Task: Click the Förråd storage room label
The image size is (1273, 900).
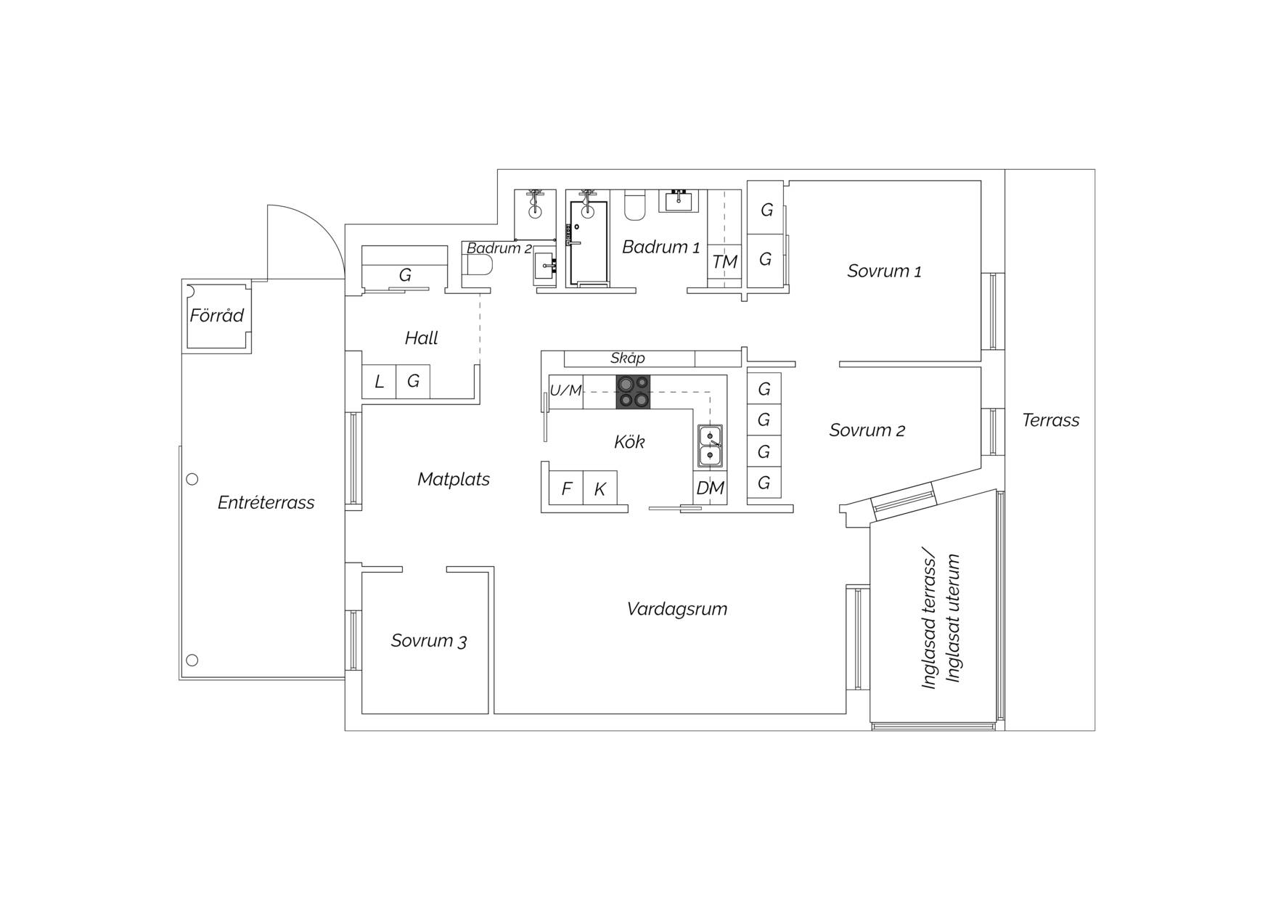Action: (216, 316)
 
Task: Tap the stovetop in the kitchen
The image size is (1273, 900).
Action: (633, 392)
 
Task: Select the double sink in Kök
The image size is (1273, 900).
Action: (710, 446)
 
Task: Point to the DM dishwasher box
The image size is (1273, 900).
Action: (710, 488)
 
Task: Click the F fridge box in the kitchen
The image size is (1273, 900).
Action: (566, 488)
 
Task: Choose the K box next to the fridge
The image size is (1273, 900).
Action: (600, 488)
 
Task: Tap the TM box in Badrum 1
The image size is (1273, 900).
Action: (724, 261)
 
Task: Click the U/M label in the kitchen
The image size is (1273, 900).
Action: (565, 390)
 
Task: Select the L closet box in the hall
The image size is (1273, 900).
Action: (379, 382)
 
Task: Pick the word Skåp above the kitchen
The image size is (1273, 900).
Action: (628, 358)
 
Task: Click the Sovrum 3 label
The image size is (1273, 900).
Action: (429, 641)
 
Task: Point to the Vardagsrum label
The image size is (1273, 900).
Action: (677, 609)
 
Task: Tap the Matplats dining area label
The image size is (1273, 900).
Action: (454, 479)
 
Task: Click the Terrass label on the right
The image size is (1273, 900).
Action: (1050, 420)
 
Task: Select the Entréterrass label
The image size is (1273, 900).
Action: (266, 502)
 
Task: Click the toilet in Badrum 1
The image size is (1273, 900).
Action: (634, 204)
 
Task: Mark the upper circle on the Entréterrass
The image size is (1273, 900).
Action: (192, 479)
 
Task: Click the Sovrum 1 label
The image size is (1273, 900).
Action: (884, 271)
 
